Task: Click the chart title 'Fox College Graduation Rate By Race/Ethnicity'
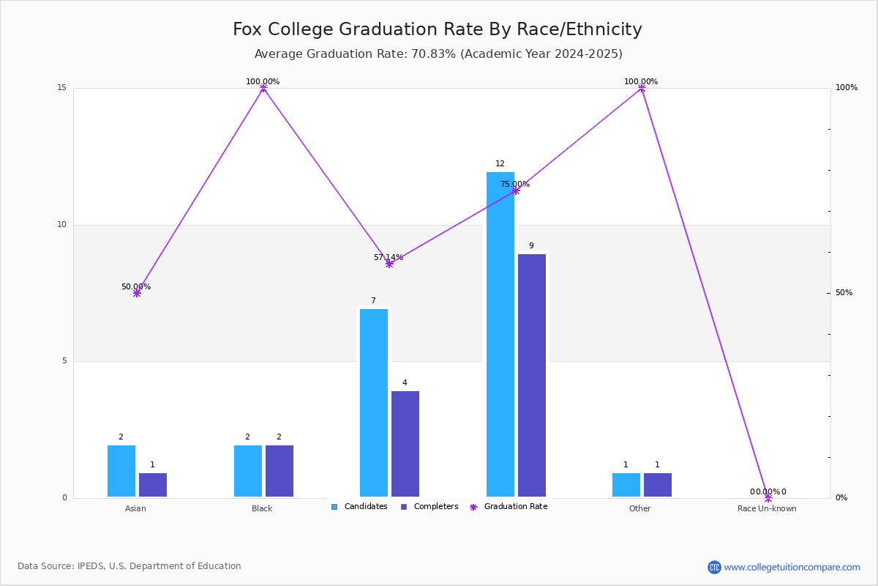(437, 29)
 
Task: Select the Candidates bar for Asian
(121, 471)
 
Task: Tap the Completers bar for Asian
(153, 485)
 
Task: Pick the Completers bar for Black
(279, 471)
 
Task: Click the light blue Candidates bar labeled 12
(500, 335)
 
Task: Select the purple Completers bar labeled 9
(532, 376)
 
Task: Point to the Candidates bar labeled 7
(374, 403)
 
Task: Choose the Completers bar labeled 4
(405, 444)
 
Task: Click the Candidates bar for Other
(626, 485)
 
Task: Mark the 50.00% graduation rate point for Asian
(137, 293)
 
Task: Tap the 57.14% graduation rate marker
(389, 264)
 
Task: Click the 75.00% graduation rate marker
(516, 190)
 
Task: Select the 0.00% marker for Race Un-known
(768, 497)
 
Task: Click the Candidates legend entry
(359, 507)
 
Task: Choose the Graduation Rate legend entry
(509, 507)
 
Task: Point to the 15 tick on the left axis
(62, 87)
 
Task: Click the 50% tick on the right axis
(844, 293)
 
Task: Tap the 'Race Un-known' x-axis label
(767, 508)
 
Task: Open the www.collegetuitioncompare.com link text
(792, 567)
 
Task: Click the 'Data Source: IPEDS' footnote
(130, 566)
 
